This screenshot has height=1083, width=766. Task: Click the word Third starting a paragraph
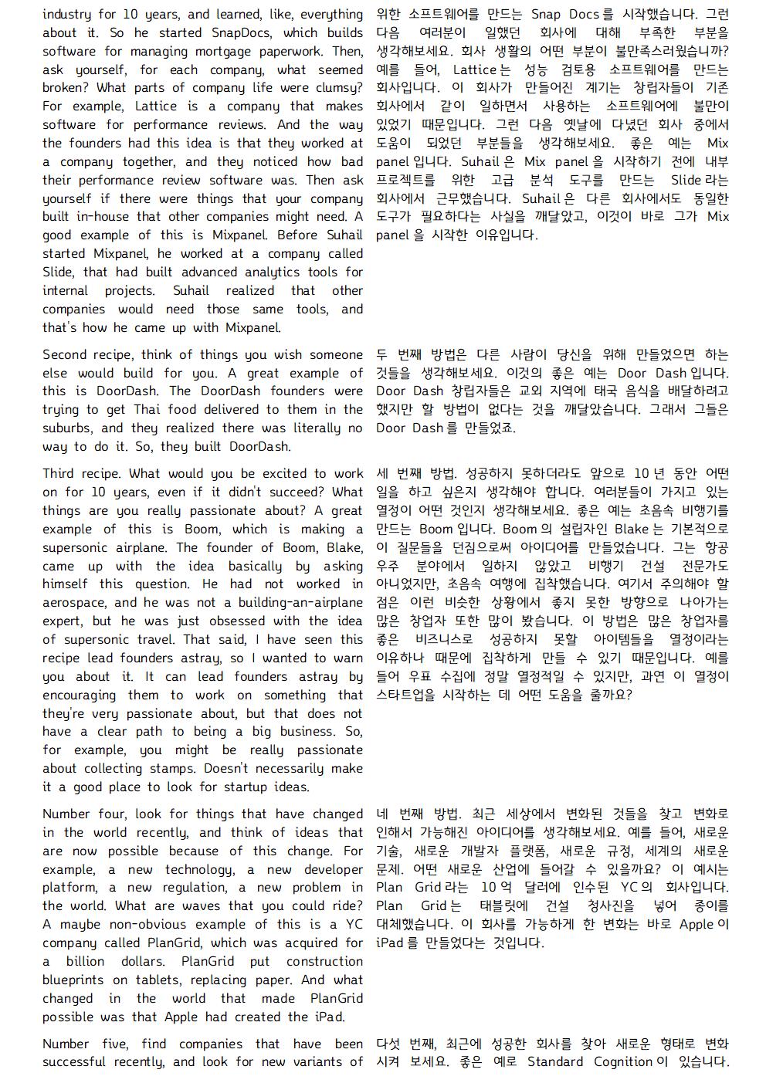(59, 473)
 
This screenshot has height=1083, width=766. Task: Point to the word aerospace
(76, 602)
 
